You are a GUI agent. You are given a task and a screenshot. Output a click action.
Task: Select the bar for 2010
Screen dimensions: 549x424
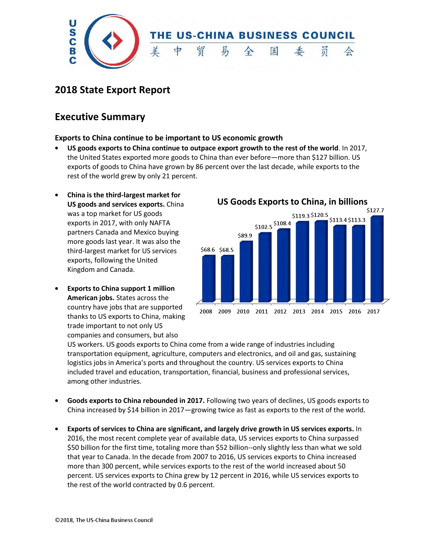(246, 272)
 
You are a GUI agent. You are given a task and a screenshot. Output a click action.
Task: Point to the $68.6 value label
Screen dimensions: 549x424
(208, 250)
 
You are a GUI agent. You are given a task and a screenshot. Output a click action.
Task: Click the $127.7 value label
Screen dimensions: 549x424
(375, 210)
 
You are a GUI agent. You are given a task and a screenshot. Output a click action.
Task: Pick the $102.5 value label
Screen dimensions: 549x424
(263, 227)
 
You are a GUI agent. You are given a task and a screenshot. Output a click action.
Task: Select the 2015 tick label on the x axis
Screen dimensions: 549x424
(336, 311)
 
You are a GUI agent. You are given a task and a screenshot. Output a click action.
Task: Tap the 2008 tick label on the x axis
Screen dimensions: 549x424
(206, 311)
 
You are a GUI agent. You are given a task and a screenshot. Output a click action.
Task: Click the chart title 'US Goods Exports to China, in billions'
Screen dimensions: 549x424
(292, 202)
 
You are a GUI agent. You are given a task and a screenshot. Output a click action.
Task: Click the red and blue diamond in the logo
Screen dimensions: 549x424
(112, 41)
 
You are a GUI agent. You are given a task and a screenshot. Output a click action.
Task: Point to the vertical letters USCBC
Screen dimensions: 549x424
(72, 42)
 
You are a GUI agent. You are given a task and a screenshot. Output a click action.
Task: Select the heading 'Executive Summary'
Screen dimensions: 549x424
(100, 117)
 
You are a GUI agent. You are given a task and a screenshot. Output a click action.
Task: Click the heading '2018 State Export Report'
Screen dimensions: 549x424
(112, 90)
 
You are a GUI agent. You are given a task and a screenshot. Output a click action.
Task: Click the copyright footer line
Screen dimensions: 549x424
(104, 520)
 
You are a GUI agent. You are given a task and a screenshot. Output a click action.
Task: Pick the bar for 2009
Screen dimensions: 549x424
(227, 278)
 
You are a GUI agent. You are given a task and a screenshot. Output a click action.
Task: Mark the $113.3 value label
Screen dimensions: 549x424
(356, 220)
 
